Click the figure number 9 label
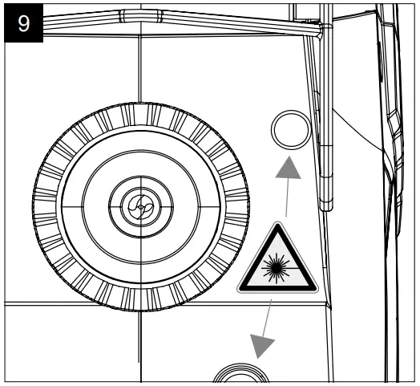point(24,22)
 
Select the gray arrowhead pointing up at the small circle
point(290,168)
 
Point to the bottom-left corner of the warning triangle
point(240,289)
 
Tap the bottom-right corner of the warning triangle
point(313,289)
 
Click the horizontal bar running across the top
point(160,25)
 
